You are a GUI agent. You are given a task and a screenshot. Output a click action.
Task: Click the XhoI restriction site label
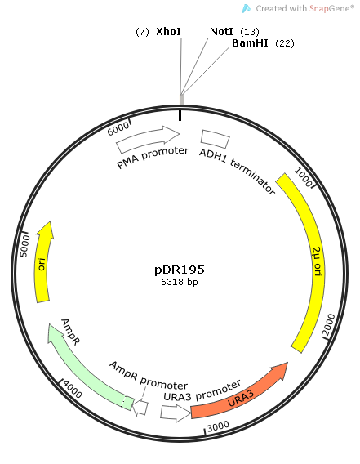168,31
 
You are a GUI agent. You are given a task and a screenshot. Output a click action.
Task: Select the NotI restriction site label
221,31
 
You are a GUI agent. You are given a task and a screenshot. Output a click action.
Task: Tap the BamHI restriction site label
250,43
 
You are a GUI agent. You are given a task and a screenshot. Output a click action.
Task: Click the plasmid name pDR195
180,270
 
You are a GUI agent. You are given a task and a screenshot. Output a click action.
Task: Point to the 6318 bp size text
180,282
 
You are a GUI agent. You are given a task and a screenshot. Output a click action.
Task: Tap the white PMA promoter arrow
148,139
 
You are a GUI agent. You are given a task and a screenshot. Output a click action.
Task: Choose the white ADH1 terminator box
215,139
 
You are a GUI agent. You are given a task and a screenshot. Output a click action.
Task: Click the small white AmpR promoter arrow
140,408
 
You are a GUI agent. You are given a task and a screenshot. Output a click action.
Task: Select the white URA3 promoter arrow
176,413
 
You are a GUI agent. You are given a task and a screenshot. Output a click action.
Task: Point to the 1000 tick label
304,177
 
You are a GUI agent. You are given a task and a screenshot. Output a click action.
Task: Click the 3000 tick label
218,426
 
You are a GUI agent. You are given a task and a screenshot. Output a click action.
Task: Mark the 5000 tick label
24,246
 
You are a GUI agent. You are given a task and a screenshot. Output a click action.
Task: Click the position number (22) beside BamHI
285,43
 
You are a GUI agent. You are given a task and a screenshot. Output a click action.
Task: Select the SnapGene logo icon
246,8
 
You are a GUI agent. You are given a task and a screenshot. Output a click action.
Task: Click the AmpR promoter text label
149,376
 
